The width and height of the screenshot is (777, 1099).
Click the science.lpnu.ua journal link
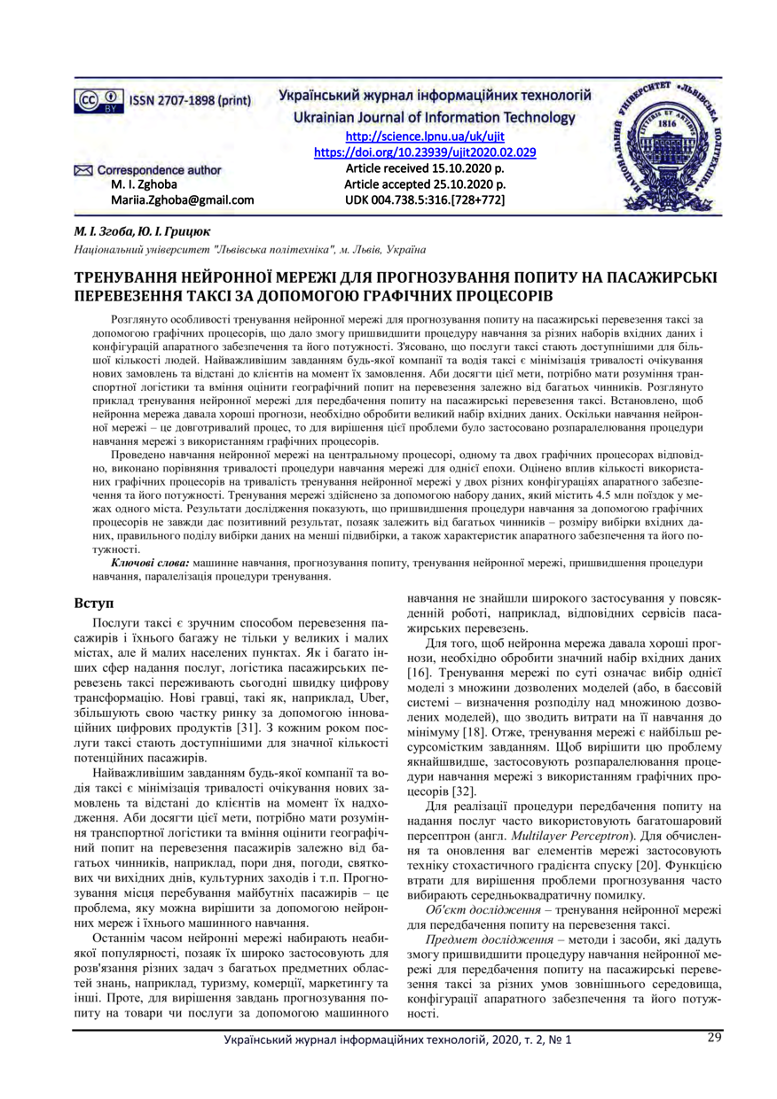click(x=424, y=136)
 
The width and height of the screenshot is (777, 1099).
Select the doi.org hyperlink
click(x=426, y=152)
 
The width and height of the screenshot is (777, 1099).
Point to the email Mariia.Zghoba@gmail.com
click(x=183, y=200)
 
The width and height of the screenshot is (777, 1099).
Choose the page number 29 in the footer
click(x=714, y=1038)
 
